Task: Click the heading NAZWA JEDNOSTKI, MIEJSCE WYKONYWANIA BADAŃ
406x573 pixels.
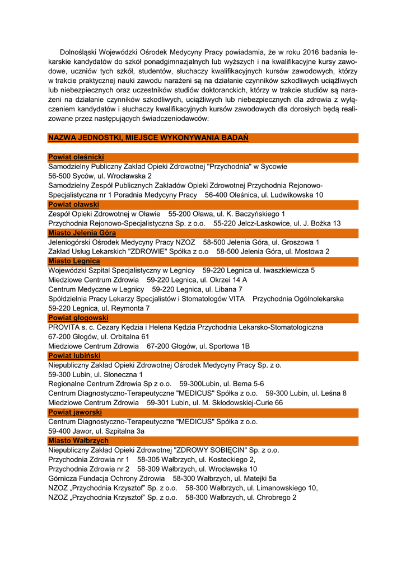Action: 148,138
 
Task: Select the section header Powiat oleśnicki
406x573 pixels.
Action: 76,157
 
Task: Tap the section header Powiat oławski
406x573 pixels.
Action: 73,204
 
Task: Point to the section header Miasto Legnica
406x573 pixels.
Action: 74,261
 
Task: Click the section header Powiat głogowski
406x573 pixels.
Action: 78,318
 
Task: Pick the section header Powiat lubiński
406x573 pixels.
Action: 74,355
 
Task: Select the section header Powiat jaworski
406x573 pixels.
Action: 75,412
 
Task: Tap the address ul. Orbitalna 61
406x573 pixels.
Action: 124,336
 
